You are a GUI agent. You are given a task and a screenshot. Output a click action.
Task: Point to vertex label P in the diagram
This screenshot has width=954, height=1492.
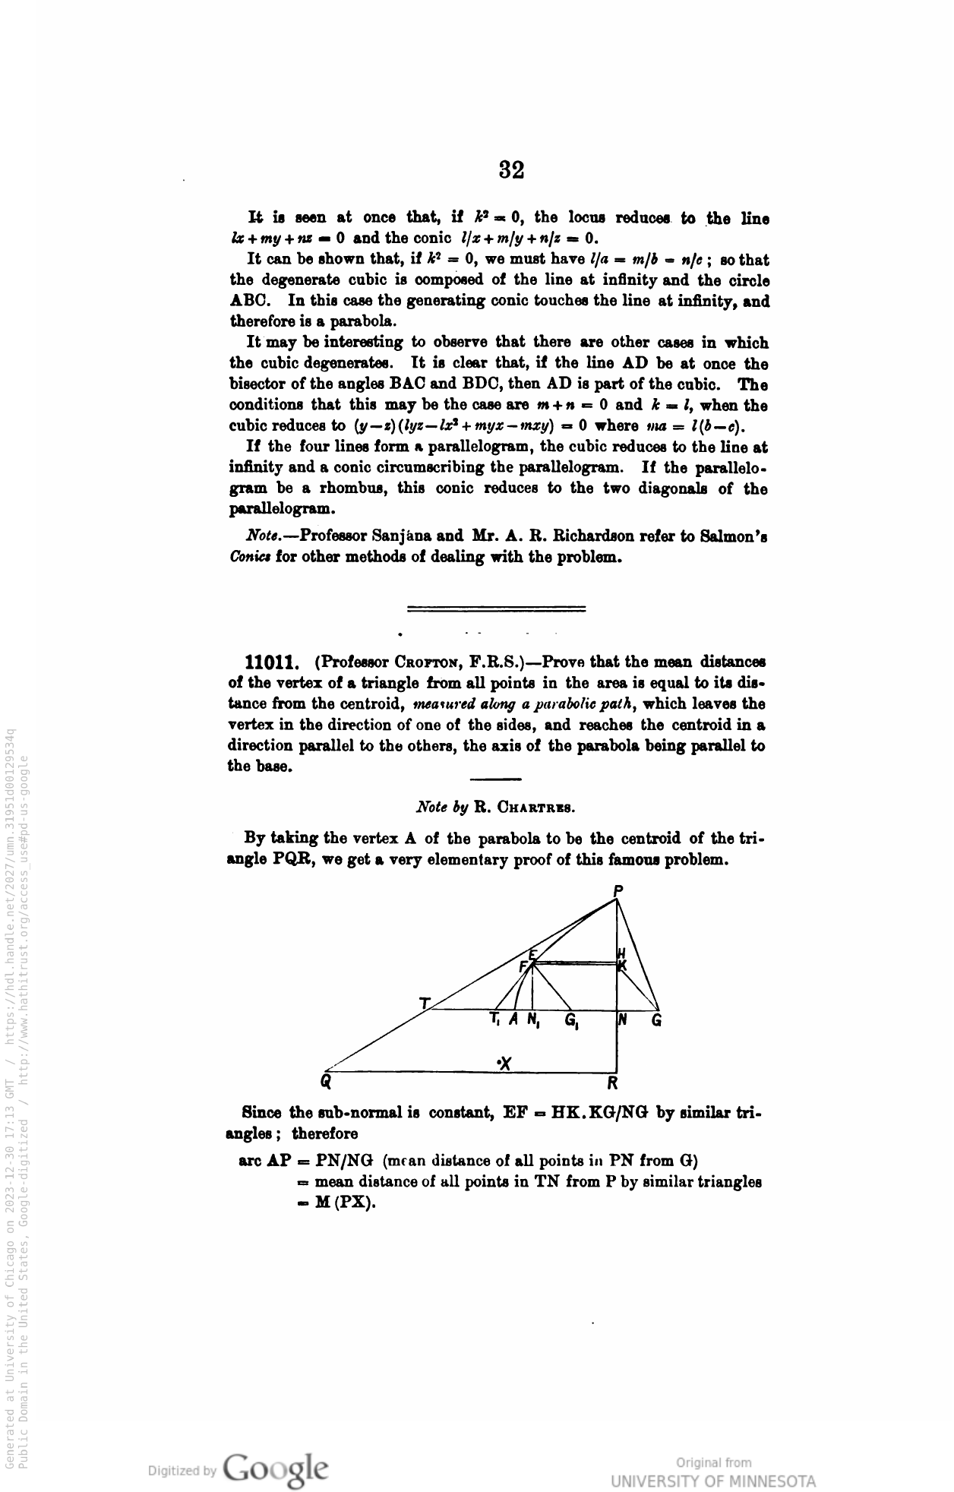click(618, 890)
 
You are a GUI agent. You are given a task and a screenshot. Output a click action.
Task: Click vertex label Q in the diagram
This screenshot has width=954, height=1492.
click(326, 1081)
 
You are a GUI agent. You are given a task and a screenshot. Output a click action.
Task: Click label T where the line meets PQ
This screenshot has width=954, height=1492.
click(424, 1003)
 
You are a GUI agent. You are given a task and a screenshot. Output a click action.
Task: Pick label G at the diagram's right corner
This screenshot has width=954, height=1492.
click(657, 1020)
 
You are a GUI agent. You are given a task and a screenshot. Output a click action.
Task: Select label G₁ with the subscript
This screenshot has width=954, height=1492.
click(570, 1022)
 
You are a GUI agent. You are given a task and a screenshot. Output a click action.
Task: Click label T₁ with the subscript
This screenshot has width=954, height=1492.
click(495, 1020)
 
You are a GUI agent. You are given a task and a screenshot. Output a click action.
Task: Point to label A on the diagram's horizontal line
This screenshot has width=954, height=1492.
click(514, 1020)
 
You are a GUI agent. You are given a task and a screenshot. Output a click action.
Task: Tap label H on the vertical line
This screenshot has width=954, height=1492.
click(621, 953)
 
